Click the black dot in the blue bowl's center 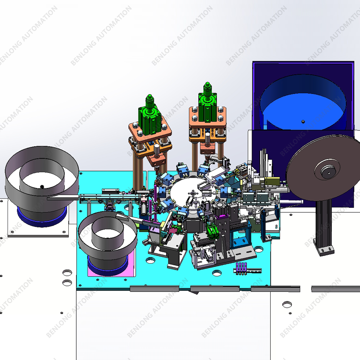pos(303,122)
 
